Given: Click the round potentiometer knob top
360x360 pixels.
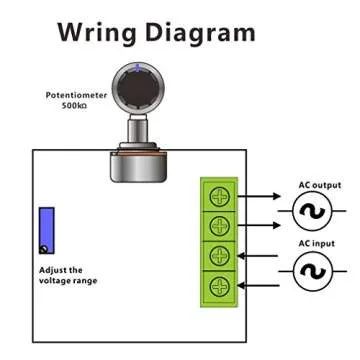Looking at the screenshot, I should [x=135, y=87].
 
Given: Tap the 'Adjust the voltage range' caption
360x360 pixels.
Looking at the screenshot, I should [x=68, y=275].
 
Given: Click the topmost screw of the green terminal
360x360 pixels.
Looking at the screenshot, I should [x=217, y=194].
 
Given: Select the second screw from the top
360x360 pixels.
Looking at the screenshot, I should [x=217, y=224].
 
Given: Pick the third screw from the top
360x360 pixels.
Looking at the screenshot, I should [x=217, y=255].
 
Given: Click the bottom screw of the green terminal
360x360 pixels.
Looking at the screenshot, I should [x=217, y=287].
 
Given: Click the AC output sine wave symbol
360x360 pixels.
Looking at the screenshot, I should [x=313, y=210].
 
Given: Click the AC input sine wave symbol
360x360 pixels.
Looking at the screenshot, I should [x=313, y=271].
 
